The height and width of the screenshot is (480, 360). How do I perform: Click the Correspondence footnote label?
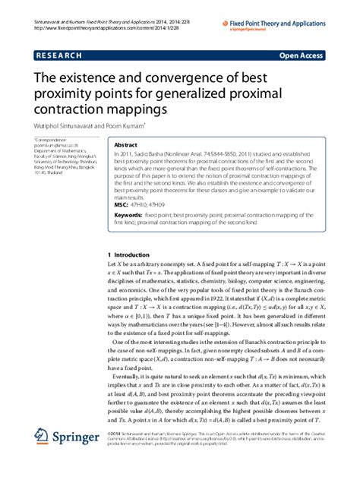click(x=47, y=141)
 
